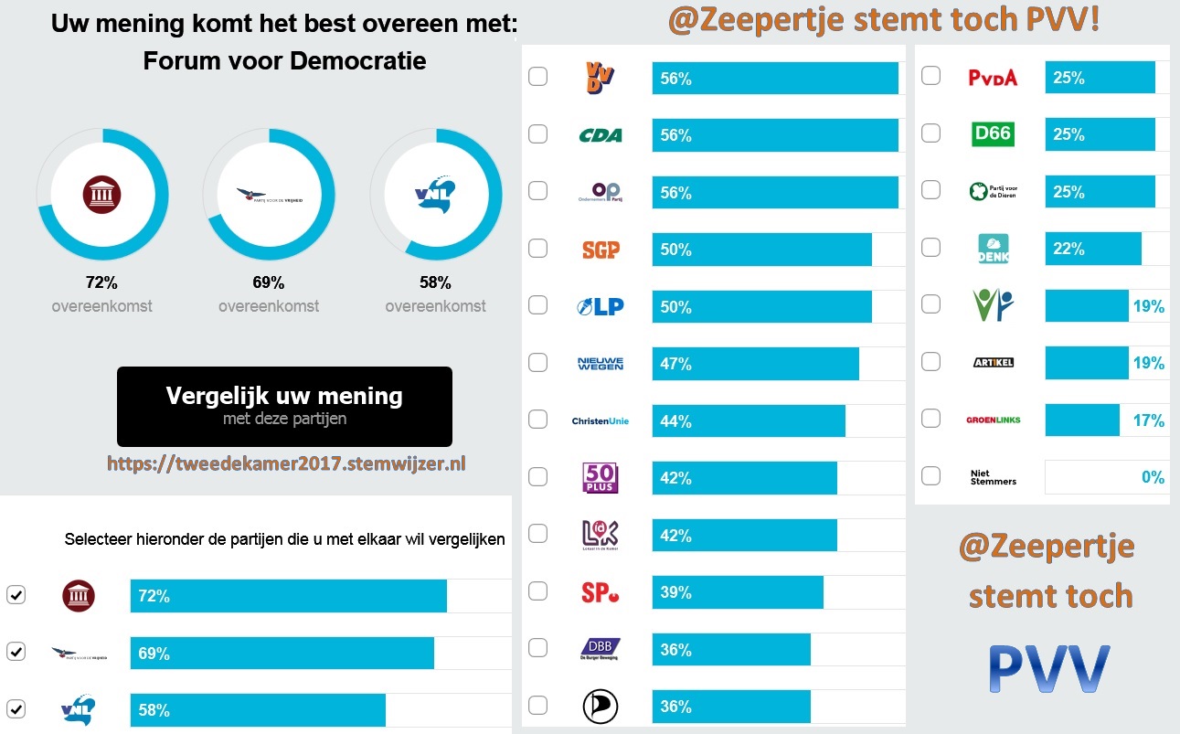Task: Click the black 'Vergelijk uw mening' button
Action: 284,406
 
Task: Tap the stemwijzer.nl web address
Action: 286,463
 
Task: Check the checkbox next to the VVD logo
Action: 538,77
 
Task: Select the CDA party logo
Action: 601,135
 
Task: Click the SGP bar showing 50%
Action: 761,250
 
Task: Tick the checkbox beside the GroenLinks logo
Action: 930,419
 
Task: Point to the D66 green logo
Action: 993,134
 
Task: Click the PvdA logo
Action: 993,78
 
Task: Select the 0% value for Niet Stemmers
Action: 1153,477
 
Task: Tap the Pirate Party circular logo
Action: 601,706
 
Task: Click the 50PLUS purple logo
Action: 601,477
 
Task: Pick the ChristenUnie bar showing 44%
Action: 749,421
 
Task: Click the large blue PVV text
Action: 1050,669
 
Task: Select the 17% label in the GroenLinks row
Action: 1148,420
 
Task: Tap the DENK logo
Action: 993,249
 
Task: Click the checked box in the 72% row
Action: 16,595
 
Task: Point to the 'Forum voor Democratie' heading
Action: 284,61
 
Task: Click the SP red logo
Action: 601,592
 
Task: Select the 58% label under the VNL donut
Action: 435,282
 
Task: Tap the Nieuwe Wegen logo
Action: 601,364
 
